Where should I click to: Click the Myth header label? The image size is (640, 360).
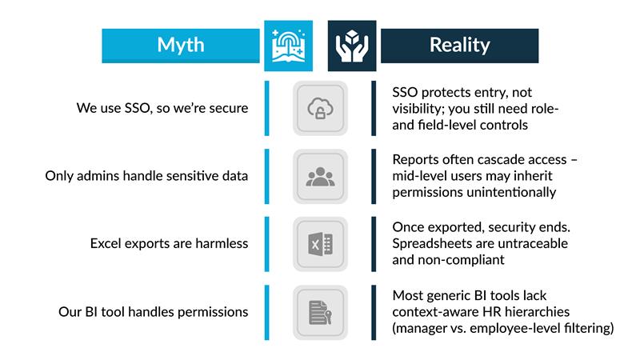point(181,45)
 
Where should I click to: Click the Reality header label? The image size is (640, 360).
point(459,45)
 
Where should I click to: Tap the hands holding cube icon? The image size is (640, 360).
point(351,46)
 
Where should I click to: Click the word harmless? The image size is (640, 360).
point(222,243)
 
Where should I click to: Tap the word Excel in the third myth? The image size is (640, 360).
point(107,243)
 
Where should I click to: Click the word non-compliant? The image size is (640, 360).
point(466,260)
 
